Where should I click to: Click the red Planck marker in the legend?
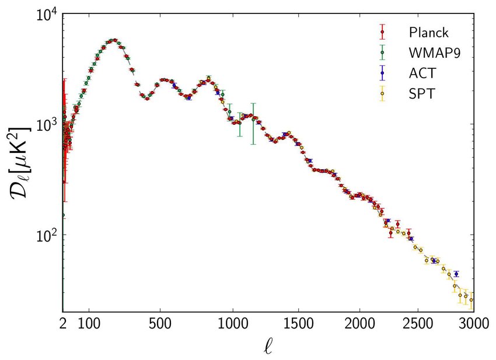coord(382,32)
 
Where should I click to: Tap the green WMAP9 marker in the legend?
coord(382,53)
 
